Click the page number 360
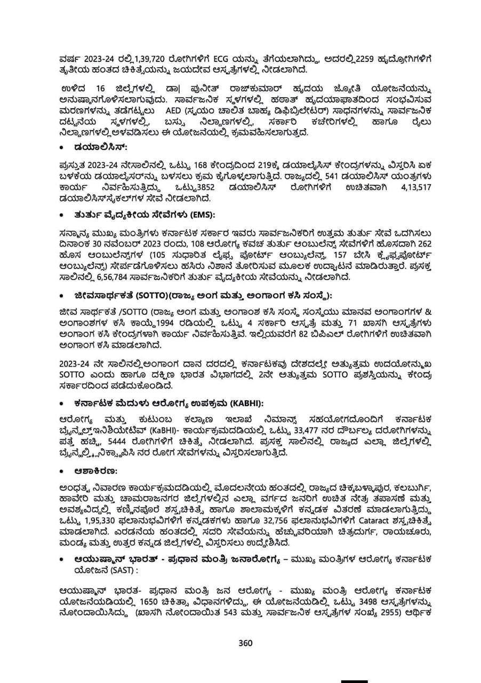coord(245,642)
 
